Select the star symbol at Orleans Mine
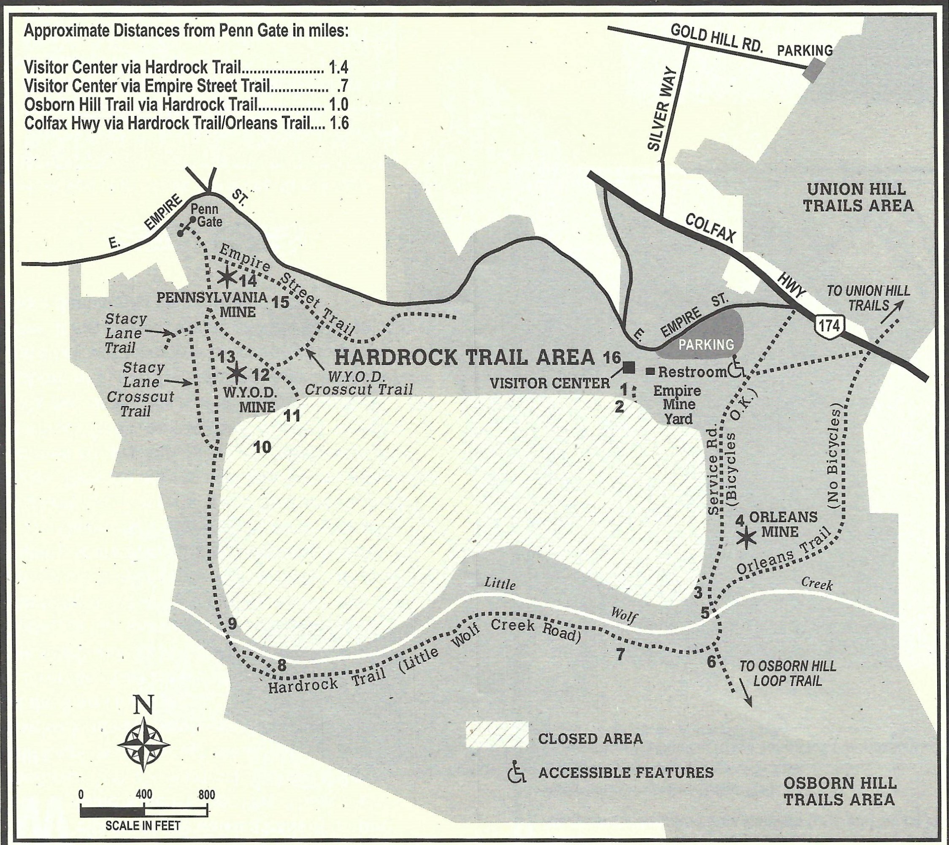coord(746,537)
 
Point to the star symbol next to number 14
coord(226,277)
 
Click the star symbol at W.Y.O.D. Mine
coord(237,372)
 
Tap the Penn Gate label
coord(206,215)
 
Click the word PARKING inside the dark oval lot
coord(707,344)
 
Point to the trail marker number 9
coord(233,623)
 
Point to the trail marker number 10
coord(262,447)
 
